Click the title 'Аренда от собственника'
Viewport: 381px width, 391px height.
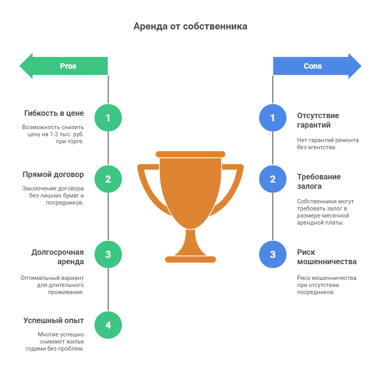tap(190, 26)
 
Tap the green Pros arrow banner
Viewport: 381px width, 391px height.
tap(64, 66)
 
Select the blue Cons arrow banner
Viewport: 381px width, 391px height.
tap(317, 66)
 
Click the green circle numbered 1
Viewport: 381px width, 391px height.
tap(108, 118)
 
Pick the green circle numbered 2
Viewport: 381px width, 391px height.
tap(108, 179)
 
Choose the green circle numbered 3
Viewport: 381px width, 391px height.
tap(108, 254)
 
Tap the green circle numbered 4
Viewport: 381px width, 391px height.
tap(108, 325)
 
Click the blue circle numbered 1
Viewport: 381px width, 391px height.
tap(273, 118)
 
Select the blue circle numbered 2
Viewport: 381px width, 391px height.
tap(273, 179)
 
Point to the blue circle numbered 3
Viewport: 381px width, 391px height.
tap(273, 254)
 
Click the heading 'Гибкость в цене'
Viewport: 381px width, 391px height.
tap(54, 113)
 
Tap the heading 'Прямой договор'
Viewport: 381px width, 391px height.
tap(53, 174)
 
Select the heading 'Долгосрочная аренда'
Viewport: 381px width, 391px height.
tap(58, 257)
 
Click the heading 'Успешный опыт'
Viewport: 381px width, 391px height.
tap(54, 320)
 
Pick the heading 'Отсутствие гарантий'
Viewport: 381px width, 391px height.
tap(318, 120)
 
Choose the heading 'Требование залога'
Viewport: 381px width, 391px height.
tap(319, 181)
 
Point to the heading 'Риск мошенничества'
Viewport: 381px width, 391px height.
tap(327, 257)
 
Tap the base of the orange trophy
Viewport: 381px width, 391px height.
tap(190, 259)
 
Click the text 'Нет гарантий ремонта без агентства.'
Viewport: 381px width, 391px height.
tap(328, 144)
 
